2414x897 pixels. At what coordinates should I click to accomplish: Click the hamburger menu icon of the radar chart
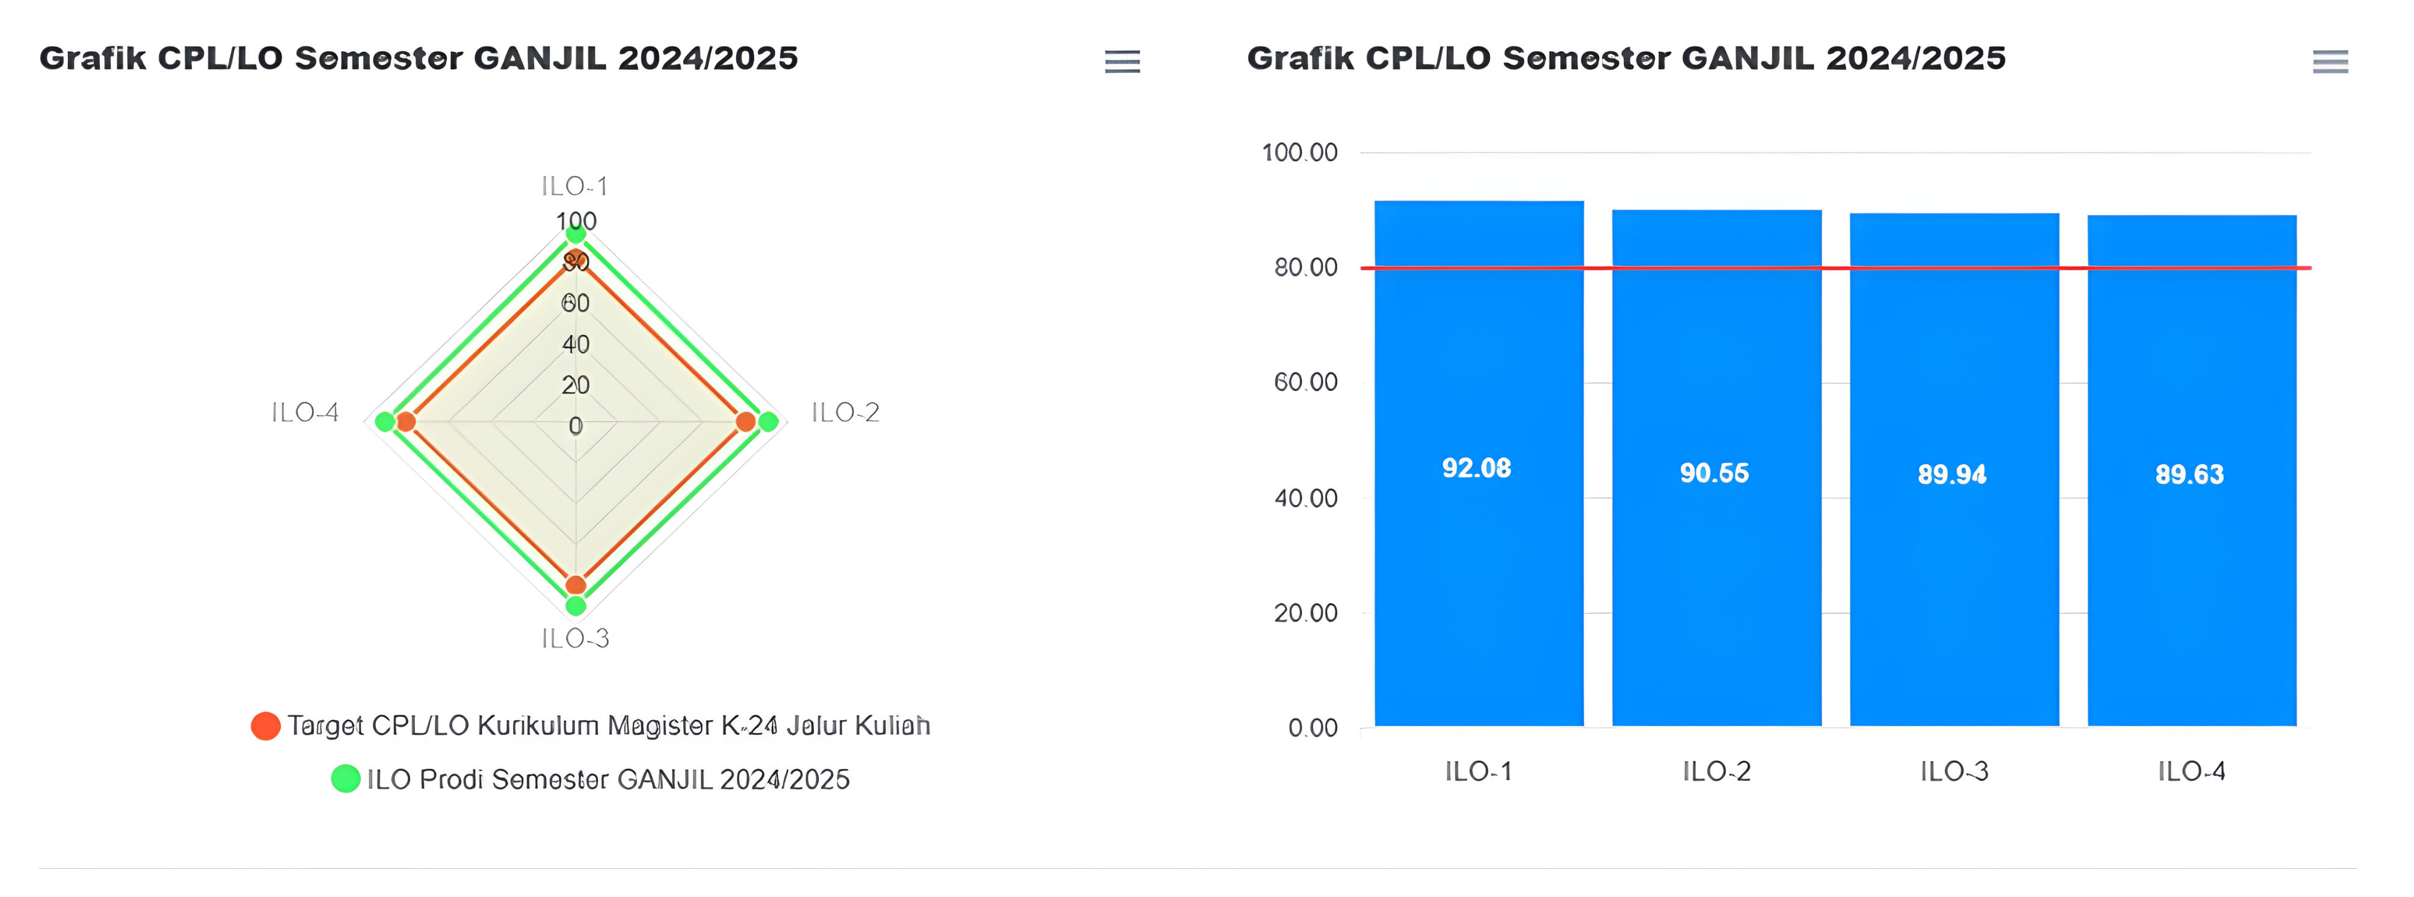pyautogui.click(x=1122, y=62)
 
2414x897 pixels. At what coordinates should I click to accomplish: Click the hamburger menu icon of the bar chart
pyautogui.click(x=2330, y=62)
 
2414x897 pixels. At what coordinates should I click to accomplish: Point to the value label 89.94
pyautogui.click(x=1952, y=474)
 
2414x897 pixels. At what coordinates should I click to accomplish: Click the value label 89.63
pyautogui.click(x=2189, y=474)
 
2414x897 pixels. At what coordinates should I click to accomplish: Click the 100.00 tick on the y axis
pyautogui.click(x=1300, y=152)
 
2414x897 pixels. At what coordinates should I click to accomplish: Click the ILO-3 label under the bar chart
pyautogui.click(x=1954, y=771)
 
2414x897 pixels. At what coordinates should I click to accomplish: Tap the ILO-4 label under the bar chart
pyautogui.click(x=2191, y=771)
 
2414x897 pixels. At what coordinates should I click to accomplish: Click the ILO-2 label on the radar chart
pyautogui.click(x=845, y=413)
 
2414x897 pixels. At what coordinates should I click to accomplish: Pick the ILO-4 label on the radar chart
pyautogui.click(x=304, y=413)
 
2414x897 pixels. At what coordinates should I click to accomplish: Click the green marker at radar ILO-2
pyautogui.click(x=768, y=422)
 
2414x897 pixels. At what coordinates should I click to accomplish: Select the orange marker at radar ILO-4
pyautogui.click(x=406, y=422)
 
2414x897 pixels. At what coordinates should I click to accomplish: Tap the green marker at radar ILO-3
pyautogui.click(x=576, y=605)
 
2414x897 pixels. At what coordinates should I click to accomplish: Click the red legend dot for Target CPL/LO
pyautogui.click(x=265, y=726)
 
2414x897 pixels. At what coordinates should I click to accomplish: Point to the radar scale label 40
pyautogui.click(x=576, y=345)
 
